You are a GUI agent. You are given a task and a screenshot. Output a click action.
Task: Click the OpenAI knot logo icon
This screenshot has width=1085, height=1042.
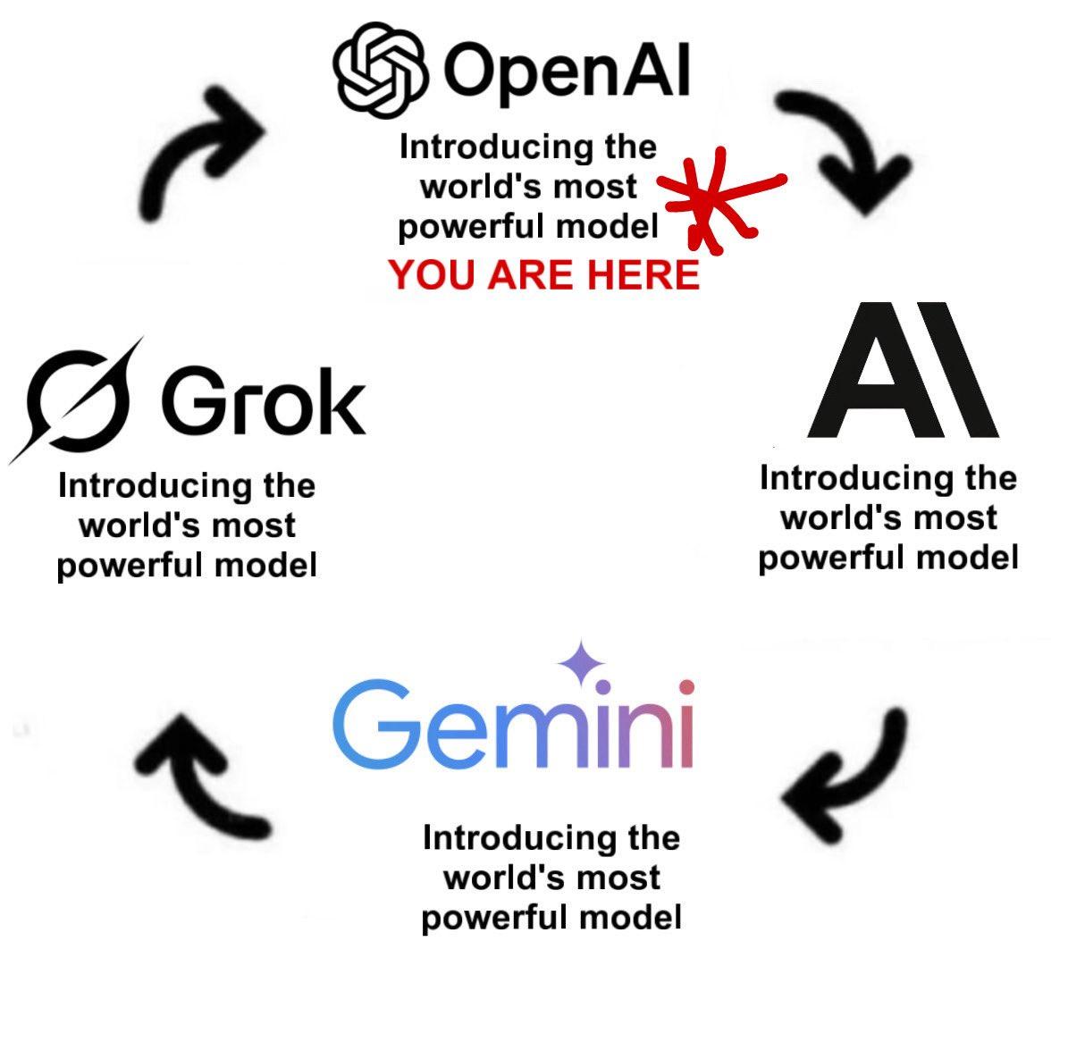(x=379, y=71)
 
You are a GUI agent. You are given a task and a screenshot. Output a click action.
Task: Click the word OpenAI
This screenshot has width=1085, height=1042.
(x=567, y=71)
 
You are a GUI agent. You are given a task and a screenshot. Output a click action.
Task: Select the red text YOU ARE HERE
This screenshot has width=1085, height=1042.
(x=544, y=274)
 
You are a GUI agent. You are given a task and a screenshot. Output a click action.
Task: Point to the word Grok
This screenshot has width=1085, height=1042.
(x=263, y=401)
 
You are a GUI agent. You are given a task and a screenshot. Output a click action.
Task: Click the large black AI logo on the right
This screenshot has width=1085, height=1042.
(x=901, y=371)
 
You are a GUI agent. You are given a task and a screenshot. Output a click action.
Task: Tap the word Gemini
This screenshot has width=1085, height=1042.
(x=513, y=725)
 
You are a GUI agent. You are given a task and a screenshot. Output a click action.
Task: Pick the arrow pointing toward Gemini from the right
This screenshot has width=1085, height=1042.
(x=845, y=777)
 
